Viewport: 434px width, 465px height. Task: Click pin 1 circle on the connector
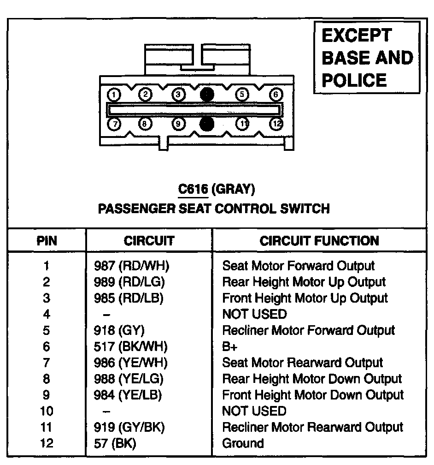click(x=114, y=95)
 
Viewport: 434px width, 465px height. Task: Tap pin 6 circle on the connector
click(x=276, y=95)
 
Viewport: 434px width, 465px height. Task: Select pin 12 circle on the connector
click(x=276, y=124)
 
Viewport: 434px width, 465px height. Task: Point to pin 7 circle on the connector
click(x=113, y=124)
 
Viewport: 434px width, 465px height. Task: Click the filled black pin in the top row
click(x=207, y=95)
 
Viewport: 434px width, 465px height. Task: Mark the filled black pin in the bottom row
click(x=207, y=124)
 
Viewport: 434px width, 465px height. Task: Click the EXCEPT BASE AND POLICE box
click(x=367, y=58)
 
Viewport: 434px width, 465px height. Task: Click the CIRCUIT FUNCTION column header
click(x=319, y=240)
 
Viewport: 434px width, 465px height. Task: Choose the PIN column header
click(x=47, y=240)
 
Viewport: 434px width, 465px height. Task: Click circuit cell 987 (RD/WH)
click(x=132, y=266)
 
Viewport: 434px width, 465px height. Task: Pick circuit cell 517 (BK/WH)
click(x=131, y=346)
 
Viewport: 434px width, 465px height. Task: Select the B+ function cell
click(x=230, y=346)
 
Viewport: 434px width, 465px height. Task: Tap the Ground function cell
click(x=243, y=443)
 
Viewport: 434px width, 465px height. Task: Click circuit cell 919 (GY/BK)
click(x=129, y=427)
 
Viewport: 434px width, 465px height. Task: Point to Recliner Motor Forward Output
click(x=308, y=330)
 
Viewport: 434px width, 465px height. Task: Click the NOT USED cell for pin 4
click(x=254, y=314)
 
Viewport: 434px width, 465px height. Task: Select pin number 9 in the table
click(x=47, y=395)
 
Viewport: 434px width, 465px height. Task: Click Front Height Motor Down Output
click(x=313, y=395)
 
